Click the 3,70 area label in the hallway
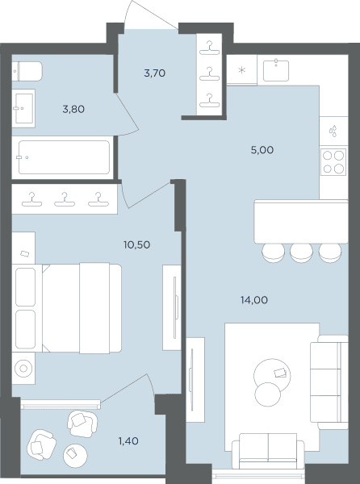click(x=155, y=73)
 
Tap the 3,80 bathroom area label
click(x=73, y=109)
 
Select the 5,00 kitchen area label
click(x=262, y=150)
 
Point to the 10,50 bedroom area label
click(x=136, y=244)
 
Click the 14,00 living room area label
click(x=254, y=300)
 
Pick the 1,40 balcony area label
click(x=128, y=440)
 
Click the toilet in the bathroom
click(x=27, y=71)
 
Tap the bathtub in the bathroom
click(x=64, y=157)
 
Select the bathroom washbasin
click(x=23, y=108)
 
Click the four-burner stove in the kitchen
click(x=333, y=162)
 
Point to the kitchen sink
click(x=276, y=71)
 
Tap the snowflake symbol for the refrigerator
click(x=242, y=70)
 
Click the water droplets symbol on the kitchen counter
click(x=333, y=131)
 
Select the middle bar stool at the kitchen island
click(x=301, y=252)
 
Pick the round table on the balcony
click(x=75, y=456)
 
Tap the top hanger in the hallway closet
click(x=209, y=48)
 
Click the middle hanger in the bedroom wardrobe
click(x=65, y=199)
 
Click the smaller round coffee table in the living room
click(x=268, y=394)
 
